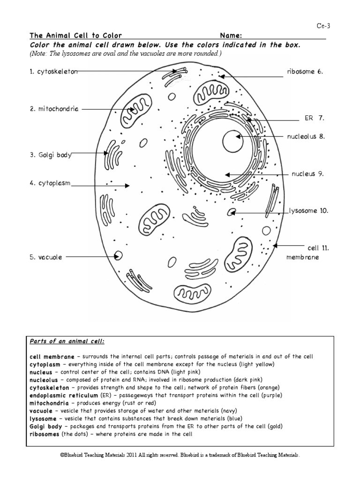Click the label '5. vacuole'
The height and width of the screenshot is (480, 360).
tap(46, 257)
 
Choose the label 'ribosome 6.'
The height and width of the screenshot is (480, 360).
tap(305, 72)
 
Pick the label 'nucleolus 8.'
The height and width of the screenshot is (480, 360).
tap(306, 136)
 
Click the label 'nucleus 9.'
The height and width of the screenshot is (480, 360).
tap(307, 173)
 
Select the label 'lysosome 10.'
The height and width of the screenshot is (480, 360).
tap(308, 211)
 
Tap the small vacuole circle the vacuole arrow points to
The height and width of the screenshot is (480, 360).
tap(119, 256)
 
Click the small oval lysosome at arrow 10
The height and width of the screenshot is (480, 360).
tap(231, 213)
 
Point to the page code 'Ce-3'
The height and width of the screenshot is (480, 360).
tap(323, 26)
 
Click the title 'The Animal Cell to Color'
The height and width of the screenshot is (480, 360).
tap(75, 36)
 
